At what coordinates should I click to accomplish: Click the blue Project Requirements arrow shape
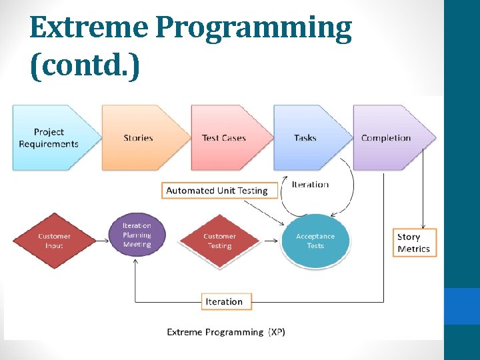pyautogui.click(x=50, y=138)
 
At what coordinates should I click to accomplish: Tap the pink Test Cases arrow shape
pyautogui.click(x=225, y=138)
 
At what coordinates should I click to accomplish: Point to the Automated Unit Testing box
pyautogui.click(x=217, y=191)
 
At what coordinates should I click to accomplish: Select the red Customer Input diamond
pyautogui.click(x=55, y=241)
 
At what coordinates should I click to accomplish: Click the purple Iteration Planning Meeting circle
pyautogui.click(x=137, y=235)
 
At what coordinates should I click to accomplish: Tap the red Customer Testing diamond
pyautogui.click(x=220, y=241)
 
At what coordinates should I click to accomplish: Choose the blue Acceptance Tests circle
pyautogui.click(x=315, y=241)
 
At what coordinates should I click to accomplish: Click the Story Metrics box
pyautogui.click(x=414, y=243)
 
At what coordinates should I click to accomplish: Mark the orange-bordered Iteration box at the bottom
pyautogui.click(x=224, y=301)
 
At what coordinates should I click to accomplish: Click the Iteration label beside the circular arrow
pyautogui.click(x=310, y=185)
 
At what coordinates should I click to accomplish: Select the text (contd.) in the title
pyautogui.click(x=85, y=67)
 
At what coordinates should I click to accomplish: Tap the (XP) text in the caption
pyautogui.click(x=277, y=332)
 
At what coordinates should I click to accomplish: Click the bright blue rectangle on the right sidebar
pyautogui.click(x=462, y=306)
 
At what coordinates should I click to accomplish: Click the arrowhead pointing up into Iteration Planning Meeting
pyautogui.click(x=136, y=263)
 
